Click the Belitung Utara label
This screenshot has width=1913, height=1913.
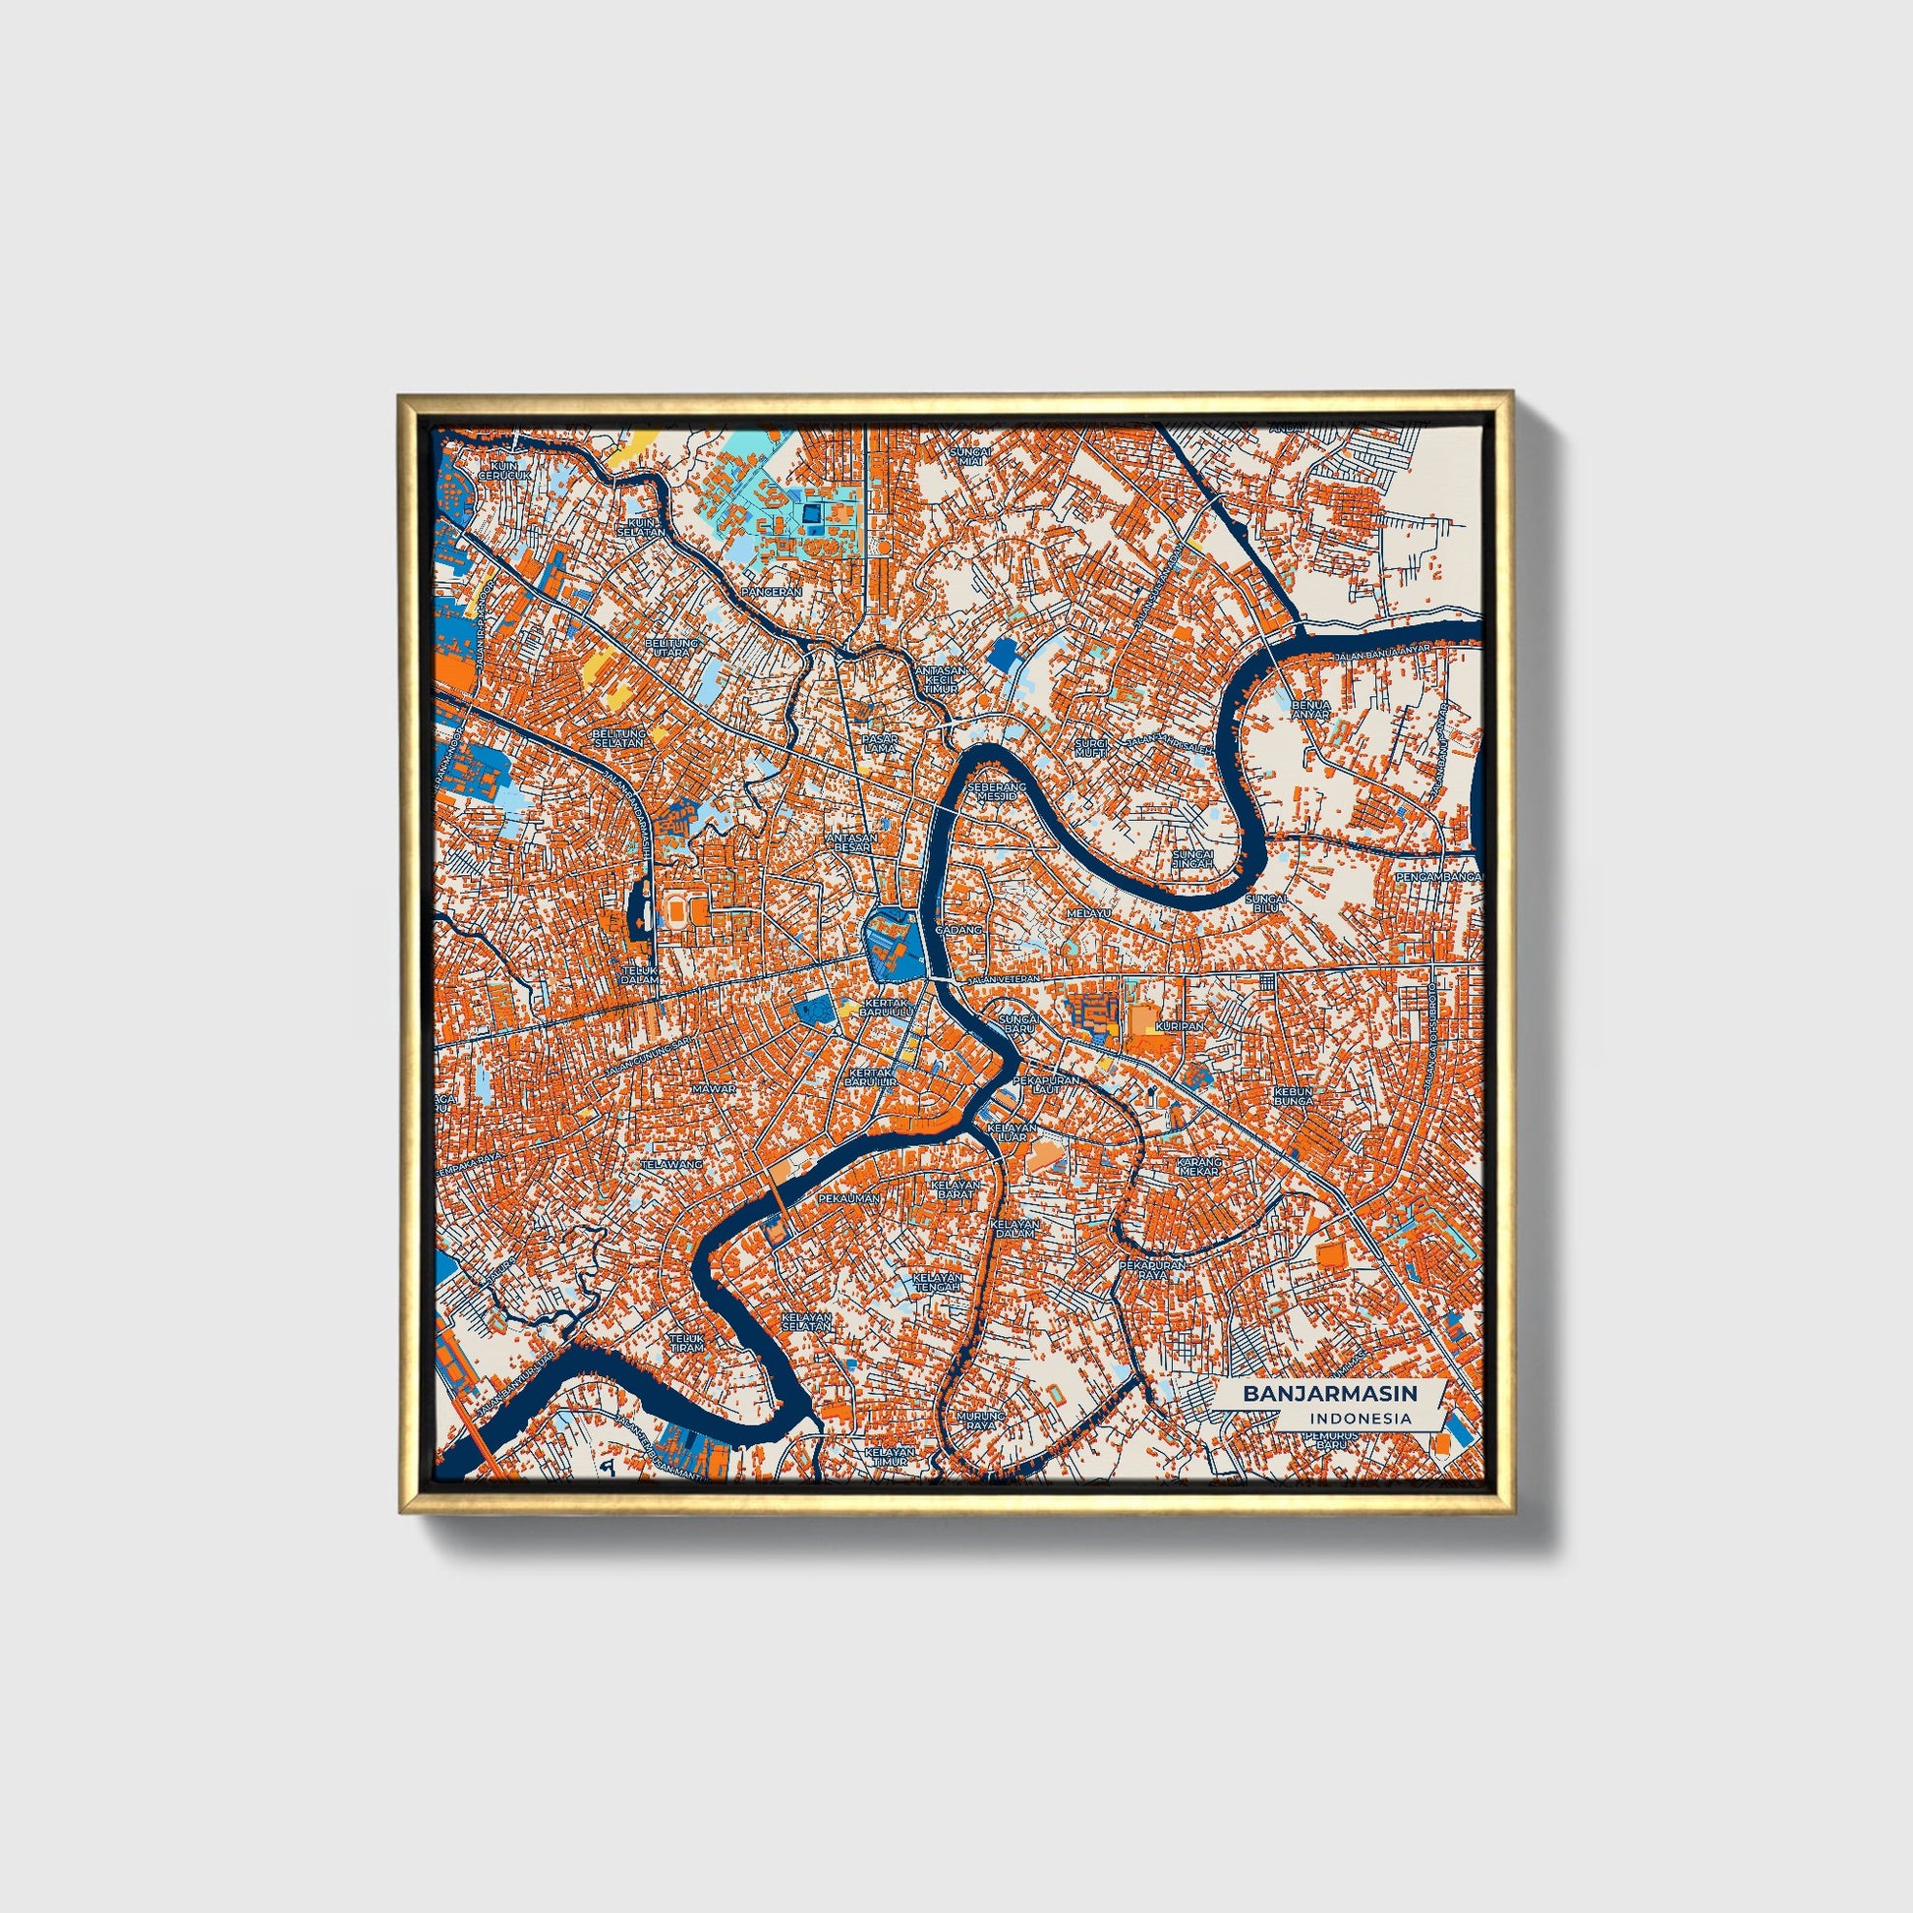671,648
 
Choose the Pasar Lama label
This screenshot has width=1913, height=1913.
879,742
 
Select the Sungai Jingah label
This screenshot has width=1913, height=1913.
1191,858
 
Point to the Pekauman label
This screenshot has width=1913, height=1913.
849,1198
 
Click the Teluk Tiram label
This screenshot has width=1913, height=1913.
686,1342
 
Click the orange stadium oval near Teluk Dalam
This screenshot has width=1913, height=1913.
678,906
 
